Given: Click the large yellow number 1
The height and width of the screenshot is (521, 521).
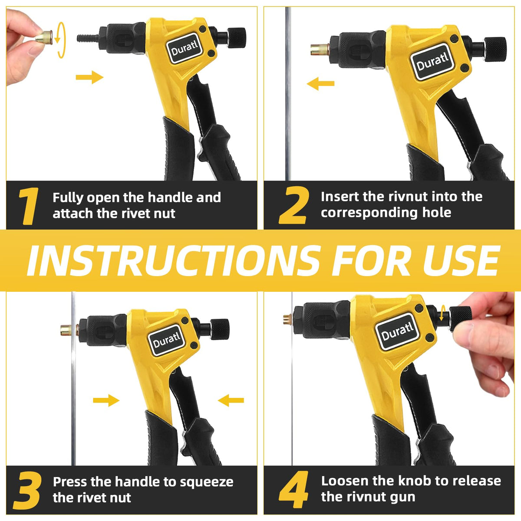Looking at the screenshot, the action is click(28, 206).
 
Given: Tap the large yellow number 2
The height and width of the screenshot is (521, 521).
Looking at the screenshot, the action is click(293, 206).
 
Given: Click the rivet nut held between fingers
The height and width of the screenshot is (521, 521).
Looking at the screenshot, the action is click(44, 37).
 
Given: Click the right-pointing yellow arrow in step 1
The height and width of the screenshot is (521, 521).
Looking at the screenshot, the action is click(89, 77).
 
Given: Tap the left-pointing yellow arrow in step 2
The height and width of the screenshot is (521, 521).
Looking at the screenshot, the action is click(321, 83).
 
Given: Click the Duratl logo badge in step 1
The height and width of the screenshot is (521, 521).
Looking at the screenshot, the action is click(185, 49).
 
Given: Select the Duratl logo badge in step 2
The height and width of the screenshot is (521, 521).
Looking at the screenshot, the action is click(432, 62).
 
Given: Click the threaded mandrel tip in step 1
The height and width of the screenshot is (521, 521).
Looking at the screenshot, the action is click(88, 38).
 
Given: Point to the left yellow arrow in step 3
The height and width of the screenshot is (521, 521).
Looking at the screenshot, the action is click(106, 400).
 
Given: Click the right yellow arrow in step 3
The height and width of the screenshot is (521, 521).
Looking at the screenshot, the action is click(231, 400).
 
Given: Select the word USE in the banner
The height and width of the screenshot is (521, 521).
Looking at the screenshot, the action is click(460, 260).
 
